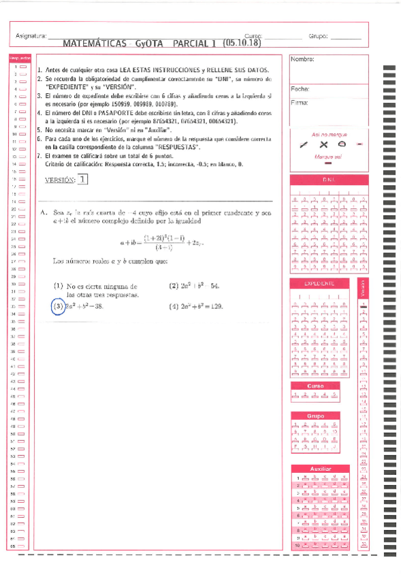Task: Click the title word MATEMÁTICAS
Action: pyautogui.click(x=93, y=43)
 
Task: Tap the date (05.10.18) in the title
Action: pyautogui.click(x=242, y=43)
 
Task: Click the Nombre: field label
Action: pyautogui.click(x=302, y=60)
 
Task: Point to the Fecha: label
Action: pyautogui.click(x=300, y=89)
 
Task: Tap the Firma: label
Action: pyautogui.click(x=300, y=103)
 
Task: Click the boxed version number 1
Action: pyautogui.click(x=82, y=180)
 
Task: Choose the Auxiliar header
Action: pyautogui.click(x=320, y=469)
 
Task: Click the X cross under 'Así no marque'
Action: pyautogui.click(x=324, y=144)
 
